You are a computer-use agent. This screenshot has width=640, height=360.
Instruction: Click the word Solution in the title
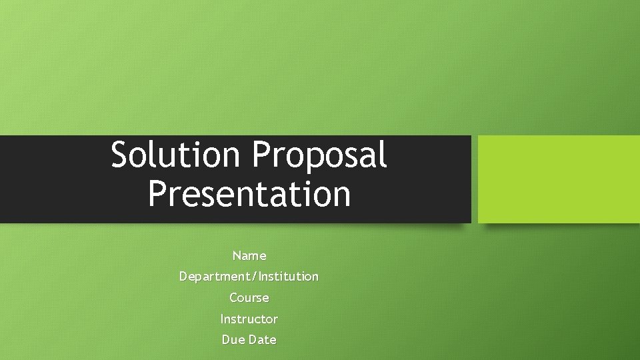click(x=175, y=155)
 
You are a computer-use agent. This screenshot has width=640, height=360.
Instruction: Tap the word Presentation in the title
click(x=249, y=194)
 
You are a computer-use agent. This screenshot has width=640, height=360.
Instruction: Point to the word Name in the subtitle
click(x=249, y=255)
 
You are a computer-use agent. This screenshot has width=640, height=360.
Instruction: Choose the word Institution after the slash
click(x=289, y=276)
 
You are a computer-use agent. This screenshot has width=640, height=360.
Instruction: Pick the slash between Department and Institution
click(x=255, y=276)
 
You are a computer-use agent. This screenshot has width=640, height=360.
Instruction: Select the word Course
click(x=249, y=297)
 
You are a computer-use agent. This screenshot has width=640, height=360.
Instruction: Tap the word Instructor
click(x=249, y=319)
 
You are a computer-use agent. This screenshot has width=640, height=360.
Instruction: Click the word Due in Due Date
click(x=233, y=339)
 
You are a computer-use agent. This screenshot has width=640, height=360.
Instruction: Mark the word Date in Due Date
click(x=262, y=339)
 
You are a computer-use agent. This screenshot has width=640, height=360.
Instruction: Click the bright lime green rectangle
click(x=559, y=179)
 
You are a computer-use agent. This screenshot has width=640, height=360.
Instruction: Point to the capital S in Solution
click(x=120, y=155)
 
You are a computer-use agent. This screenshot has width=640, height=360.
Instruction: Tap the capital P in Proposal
click(x=261, y=155)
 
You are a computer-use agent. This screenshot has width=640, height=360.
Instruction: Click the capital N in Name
click(x=237, y=255)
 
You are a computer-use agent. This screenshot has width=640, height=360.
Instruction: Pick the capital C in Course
click(x=233, y=297)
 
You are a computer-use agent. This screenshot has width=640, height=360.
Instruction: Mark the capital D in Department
click(x=183, y=276)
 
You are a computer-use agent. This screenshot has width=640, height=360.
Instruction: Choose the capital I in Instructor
click(x=223, y=319)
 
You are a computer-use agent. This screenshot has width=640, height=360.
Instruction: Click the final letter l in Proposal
click(x=383, y=155)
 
